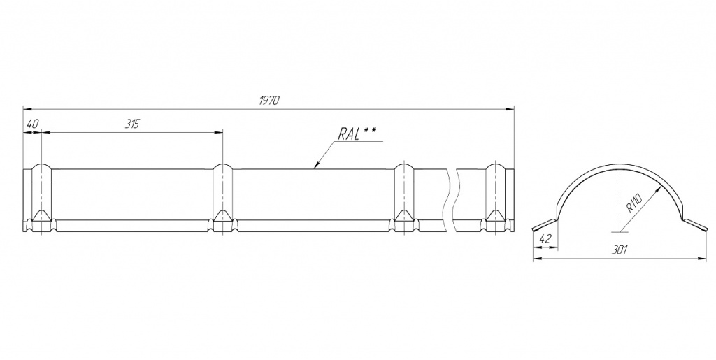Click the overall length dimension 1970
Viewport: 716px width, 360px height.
tap(269, 101)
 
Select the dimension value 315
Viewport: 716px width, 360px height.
tap(132, 124)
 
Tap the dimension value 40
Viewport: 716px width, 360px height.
tap(32, 124)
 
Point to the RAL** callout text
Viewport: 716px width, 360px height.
tap(357, 133)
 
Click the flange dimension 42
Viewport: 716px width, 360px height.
tap(545, 239)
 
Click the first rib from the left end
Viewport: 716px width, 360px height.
tap(41, 199)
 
